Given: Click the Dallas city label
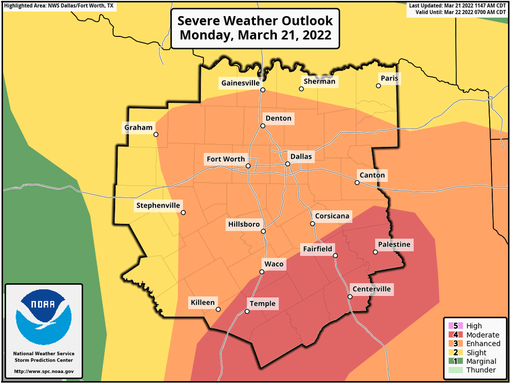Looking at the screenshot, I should [301, 156].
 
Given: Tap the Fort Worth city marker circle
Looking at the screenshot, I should [248, 166].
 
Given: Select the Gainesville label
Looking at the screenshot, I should [240, 83].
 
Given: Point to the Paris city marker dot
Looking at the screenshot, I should [379, 86].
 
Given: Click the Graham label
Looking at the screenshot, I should [138, 127].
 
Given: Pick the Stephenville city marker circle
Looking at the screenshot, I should [183, 212].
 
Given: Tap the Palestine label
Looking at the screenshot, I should [394, 245].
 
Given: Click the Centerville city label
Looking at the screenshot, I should [371, 289].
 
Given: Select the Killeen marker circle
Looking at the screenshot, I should [218, 310].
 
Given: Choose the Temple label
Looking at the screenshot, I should [262, 304].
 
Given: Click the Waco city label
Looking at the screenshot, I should [274, 264].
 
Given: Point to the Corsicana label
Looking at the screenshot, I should [333, 216].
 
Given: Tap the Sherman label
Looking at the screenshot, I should [320, 81].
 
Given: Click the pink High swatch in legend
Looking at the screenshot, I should [452, 326].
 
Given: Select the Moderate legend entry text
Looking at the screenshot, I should [482, 335].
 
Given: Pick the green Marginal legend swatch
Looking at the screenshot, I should [452, 361].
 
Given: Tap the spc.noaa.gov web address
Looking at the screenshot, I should [44, 372].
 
